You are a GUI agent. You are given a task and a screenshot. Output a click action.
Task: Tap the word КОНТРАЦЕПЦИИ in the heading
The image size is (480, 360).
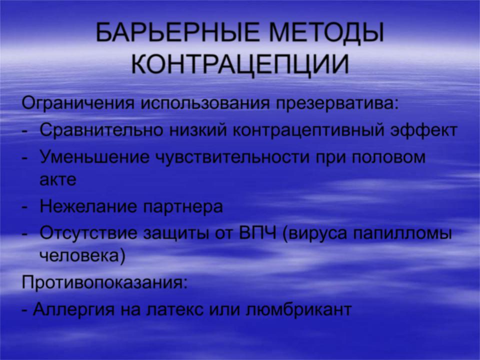(x=240, y=65)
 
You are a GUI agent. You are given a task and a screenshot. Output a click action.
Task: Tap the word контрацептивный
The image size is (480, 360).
(x=308, y=130)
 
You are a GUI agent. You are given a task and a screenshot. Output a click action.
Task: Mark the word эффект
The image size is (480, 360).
(x=424, y=130)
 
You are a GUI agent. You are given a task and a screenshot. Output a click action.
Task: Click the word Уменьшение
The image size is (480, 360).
(x=95, y=157)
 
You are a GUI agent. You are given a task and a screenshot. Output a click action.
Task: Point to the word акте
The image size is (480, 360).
(x=58, y=180)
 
